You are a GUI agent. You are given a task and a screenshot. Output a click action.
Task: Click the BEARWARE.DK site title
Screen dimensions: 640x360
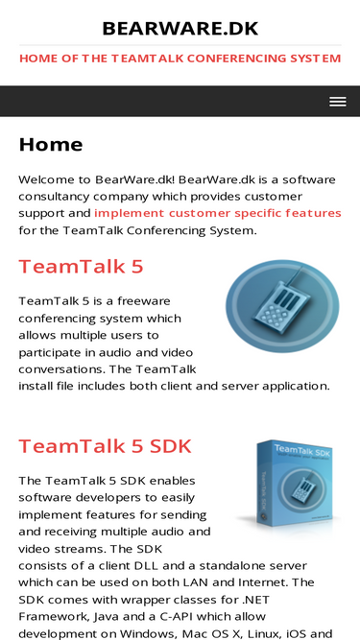tap(180, 29)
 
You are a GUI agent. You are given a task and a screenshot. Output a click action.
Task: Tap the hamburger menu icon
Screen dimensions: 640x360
tap(337, 102)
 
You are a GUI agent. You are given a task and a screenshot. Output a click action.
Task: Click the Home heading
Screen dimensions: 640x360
tap(51, 145)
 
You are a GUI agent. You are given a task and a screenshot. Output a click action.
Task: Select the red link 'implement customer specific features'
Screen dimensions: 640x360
tap(218, 213)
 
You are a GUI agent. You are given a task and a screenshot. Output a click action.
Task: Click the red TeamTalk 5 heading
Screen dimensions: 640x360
tap(81, 266)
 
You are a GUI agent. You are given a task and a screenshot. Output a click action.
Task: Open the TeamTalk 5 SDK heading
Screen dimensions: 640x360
tap(105, 445)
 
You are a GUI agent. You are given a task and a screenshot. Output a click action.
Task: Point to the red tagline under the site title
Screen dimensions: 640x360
tap(180, 59)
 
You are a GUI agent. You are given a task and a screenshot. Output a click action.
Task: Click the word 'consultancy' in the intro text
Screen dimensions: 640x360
tap(57, 197)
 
